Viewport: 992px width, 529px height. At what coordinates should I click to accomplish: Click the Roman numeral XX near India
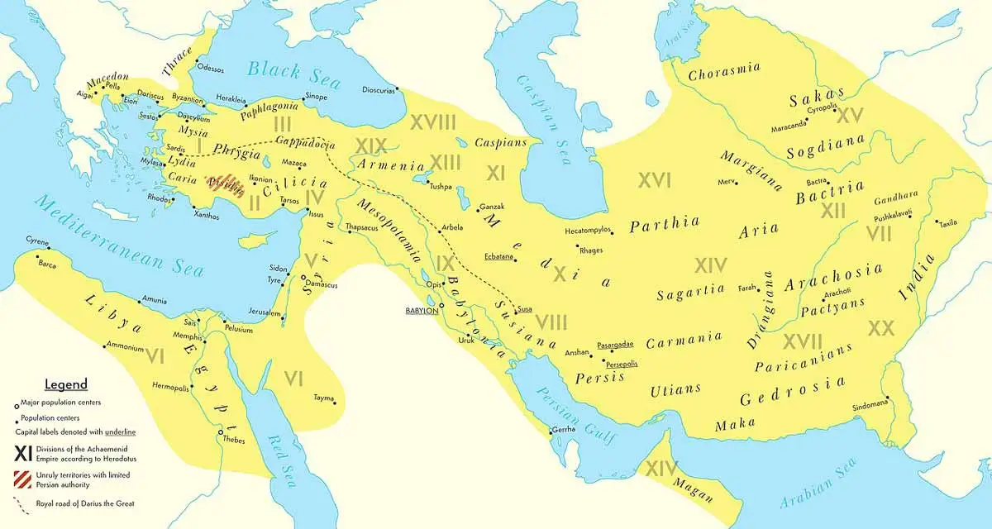(881, 328)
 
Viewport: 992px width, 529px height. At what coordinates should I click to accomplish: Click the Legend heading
(65, 384)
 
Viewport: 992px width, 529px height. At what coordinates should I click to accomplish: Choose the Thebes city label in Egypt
(234, 440)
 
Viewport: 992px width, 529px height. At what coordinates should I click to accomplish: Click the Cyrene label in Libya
(38, 242)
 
